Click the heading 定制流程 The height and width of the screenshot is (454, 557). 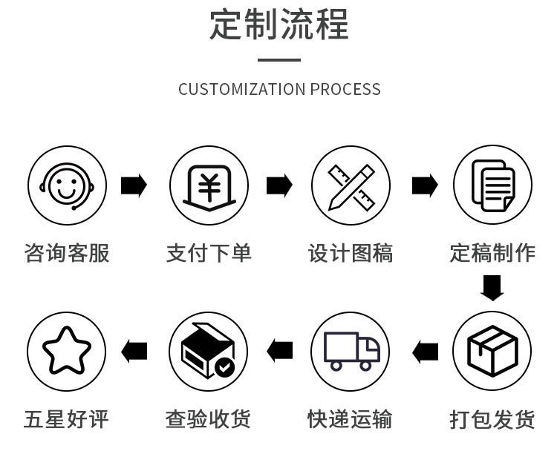coord(278,24)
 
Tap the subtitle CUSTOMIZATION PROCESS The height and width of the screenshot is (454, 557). coord(279,90)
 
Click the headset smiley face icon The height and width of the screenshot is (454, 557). coord(67,185)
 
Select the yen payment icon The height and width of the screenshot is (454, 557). coord(209,185)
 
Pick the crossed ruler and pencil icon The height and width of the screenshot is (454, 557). coord(351,185)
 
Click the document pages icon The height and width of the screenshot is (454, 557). coord(492,185)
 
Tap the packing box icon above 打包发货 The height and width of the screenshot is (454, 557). coord(492,351)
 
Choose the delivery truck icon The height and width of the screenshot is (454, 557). coord(351,351)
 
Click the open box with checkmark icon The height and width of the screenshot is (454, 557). coord(209,351)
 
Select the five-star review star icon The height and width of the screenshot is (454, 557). coord(67,351)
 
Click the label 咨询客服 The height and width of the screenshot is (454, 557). coord(67,253)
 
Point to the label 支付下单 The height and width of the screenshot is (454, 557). coord(209,253)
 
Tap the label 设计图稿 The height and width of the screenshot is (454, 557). coord(351,253)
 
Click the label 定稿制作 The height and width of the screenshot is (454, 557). coord(492,253)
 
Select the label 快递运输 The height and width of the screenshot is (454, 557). coord(351,419)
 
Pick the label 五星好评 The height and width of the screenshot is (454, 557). coord(67,419)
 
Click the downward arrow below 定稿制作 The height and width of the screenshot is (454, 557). coord(492,288)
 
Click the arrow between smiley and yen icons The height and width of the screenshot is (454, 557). coord(134,185)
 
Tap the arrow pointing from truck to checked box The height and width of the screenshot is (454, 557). coord(280,350)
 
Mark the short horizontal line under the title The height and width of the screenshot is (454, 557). coord(279,60)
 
